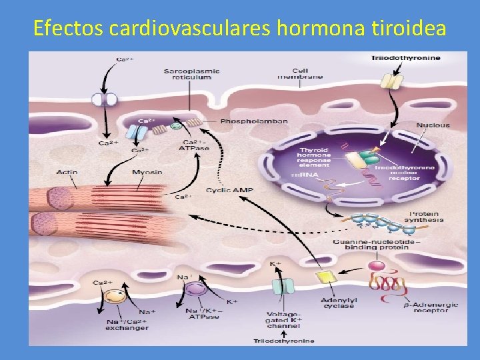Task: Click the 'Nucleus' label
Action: pos(433,125)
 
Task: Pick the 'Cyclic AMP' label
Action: pos(229,191)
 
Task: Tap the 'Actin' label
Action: pos(67,173)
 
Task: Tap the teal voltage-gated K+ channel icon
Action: pos(283,287)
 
